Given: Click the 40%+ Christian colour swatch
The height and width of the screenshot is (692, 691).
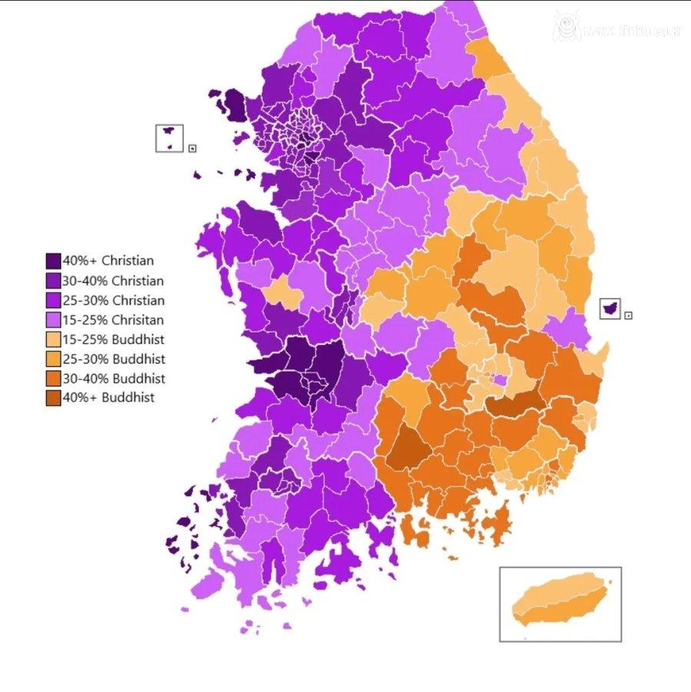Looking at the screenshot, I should click(53, 261).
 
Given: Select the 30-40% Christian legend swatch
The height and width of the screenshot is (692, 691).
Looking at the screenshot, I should click(53, 281).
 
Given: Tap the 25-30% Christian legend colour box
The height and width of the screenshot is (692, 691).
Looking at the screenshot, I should click(53, 300).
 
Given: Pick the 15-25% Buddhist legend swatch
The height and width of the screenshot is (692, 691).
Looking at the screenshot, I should click(53, 339).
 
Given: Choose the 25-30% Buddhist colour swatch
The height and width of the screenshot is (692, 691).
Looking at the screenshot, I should click(53, 359).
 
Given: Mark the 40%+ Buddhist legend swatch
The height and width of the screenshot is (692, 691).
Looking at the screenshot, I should click(53, 398).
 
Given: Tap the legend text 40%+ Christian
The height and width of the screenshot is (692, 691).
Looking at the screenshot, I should click(108, 261).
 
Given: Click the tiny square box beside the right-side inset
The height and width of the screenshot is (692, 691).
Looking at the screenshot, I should click(628, 316).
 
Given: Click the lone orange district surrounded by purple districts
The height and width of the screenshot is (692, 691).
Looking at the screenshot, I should click(283, 293).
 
